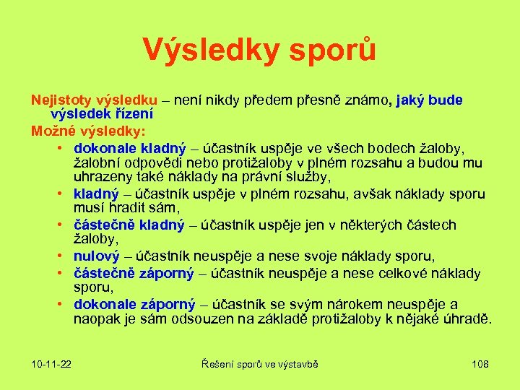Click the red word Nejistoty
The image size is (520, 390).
click(61, 100)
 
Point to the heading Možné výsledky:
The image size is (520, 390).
click(87, 131)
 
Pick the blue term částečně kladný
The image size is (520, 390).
click(129, 225)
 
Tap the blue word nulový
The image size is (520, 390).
click(97, 256)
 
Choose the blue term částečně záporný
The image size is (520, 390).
click(134, 273)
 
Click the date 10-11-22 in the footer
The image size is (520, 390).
click(51, 364)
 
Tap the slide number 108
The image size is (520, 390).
click(480, 364)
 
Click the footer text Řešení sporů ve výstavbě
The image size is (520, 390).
click(259, 364)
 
